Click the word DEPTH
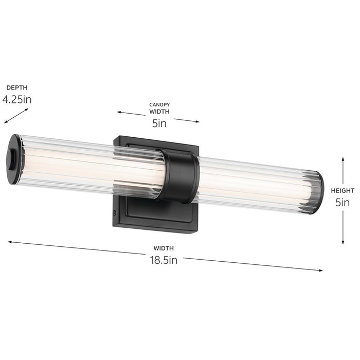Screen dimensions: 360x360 click(x=16, y=88)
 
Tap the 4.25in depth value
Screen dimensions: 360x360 click(x=17, y=99)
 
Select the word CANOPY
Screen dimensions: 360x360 click(x=159, y=104)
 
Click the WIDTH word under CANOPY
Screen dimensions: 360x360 click(x=159, y=111)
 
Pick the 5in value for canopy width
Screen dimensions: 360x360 click(x=159, y=123)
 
